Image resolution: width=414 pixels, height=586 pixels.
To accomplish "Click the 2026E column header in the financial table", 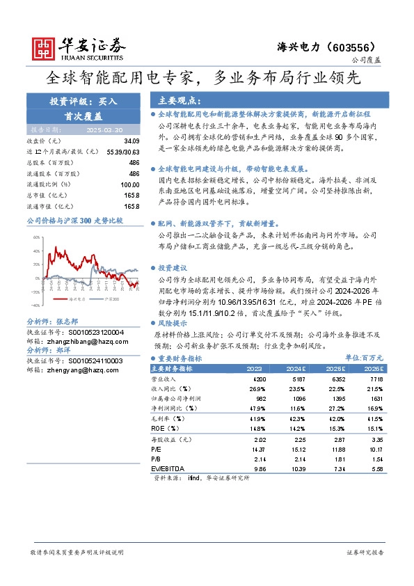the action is coord(372,368).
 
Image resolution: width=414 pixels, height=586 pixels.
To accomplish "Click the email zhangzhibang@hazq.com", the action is coord(76,342).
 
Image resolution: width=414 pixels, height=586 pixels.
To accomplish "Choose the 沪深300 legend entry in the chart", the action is coord(109,298).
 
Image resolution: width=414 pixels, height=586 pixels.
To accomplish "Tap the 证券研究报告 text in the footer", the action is coord(365,552).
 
